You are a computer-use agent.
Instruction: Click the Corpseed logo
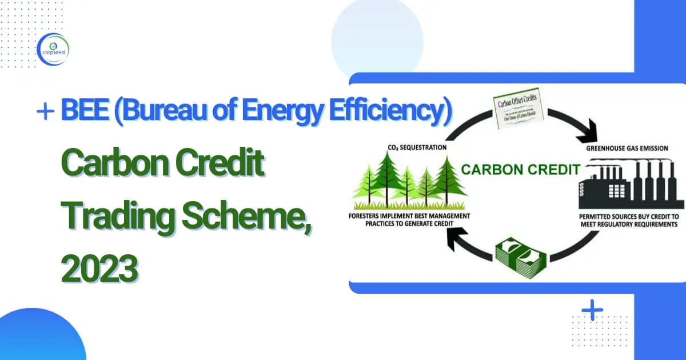[52, 49]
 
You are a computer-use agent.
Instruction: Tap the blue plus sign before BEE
[44, 112]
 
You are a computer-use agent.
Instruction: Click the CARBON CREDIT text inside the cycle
[521, 170]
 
